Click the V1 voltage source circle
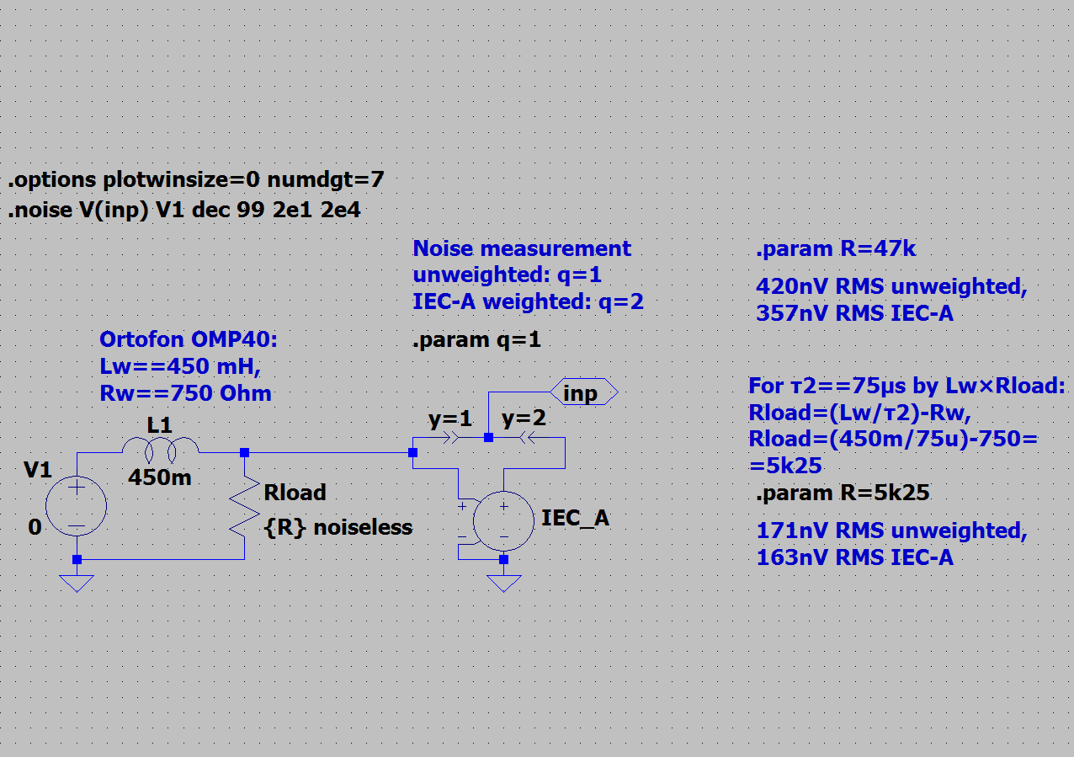77,505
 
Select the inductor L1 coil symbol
160,450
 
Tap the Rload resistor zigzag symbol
245,505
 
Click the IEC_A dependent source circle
503,521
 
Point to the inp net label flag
584,392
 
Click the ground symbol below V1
77,584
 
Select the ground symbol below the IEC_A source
503,584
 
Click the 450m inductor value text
160,477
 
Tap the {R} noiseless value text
338,528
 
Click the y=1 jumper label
449,418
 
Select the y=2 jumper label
524,418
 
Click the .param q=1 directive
476,340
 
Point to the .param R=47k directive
836,248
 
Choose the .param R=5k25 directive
843,493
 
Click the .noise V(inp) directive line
184,211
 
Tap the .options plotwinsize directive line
196,180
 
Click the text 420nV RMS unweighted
892,286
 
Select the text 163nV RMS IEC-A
855,557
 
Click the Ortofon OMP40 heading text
189,339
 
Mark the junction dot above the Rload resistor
245,452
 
